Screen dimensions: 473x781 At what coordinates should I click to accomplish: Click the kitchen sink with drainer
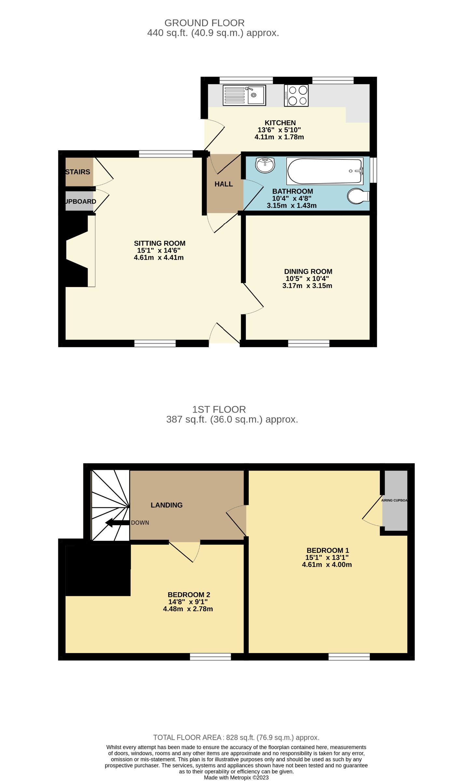pyautogui.click(x=244, y=95)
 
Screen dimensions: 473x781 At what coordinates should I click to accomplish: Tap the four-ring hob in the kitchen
pyautogui.click(x=296, y=95)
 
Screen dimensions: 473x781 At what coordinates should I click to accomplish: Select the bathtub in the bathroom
pyautogui.click(x=325, y=171)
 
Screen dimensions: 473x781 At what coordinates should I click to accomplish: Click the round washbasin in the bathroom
pyautogui.click(x=265, y=165)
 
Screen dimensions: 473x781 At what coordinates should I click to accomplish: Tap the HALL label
pyautogui.click(x=224, y=184)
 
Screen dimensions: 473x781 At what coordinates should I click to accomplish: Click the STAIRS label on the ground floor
pyautogui.click(x=78, y=172)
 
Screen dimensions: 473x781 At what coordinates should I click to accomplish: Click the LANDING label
pyautogui.click(x=166, y=505)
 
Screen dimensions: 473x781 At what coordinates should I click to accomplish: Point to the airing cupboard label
pyautogui.click(x=394, y=500)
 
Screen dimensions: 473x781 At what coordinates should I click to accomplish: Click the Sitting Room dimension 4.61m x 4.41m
pyautogui.click(x=159, y=257)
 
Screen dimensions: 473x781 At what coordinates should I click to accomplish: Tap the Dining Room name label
pyautogui.click(x=308, y=271)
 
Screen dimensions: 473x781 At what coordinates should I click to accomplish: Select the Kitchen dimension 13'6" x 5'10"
pyautogui.click(x=279, y=130)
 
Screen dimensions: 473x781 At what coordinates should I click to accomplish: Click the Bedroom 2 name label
pyautogui.click(x=189, y=595)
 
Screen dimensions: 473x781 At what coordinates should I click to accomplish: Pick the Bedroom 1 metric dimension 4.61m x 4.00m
pyautogui.click(x=327, y=565)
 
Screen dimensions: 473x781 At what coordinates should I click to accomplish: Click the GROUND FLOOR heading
pyautogui.click(x=204, y=23)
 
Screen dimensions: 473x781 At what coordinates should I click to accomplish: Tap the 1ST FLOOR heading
pyautogui.click(x=219, y=409)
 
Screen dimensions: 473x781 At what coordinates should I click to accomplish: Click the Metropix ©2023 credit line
pyautogui.click(x=236, y=777)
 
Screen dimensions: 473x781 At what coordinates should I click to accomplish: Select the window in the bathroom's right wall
pyautogui.click(x=373, y=170)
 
